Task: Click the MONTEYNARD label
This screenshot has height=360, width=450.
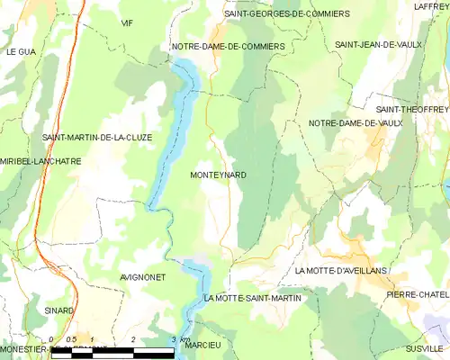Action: click(219, 175)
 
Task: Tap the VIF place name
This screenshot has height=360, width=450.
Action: click(127, 22)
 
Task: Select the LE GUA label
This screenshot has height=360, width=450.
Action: click(20, 52)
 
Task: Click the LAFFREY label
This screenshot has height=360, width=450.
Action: click(430, 6)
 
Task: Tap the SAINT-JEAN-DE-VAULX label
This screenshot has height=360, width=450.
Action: click(377, 44)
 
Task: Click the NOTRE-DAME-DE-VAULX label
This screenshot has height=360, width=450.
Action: click(354, 123)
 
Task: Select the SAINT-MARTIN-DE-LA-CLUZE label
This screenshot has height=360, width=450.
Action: click(96, 138)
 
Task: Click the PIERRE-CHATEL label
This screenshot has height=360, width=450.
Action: click(417, 294)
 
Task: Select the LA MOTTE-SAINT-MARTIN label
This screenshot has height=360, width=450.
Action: click(253, 297)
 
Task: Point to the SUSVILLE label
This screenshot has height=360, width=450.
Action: click(425, 347)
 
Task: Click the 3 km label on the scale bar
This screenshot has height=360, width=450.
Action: click(179, 339)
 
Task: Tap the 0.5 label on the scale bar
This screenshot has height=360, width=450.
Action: click(72, 339)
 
